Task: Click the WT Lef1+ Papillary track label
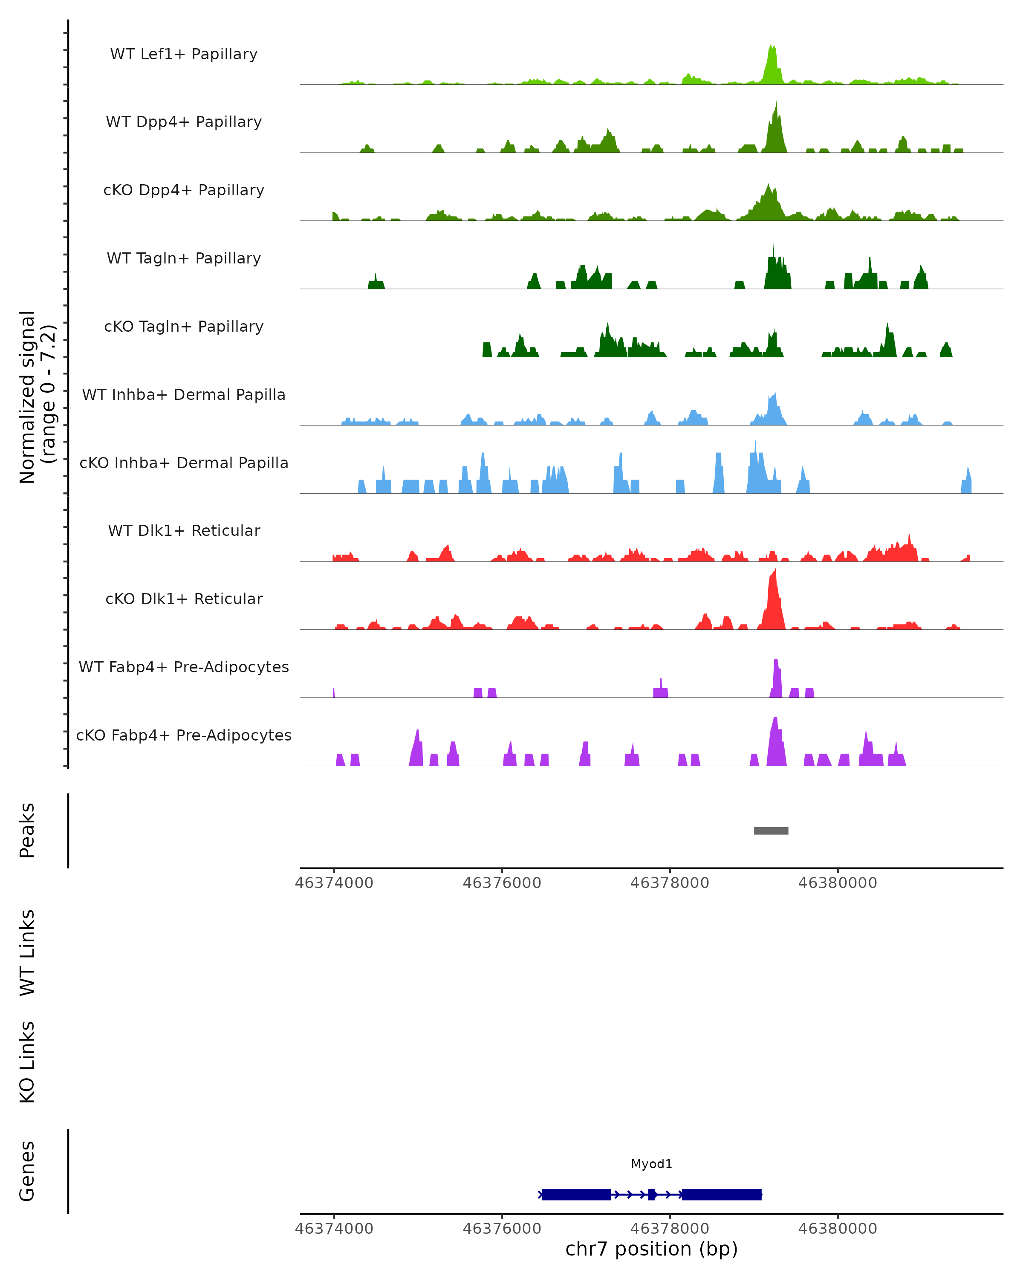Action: pyautogui.click(x=184, y=54)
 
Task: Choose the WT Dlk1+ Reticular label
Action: pyautogui.click(x=184, y=530)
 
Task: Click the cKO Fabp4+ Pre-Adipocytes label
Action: pyautogui.click(x=184, y=735)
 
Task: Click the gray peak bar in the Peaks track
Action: pyautogui.click(x=771, y=830)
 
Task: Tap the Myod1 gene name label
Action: pyautogui.click(x=651, y=1163)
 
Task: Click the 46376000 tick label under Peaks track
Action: pyautogui.click(x=502, y=883)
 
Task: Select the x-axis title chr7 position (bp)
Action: pyautogui.click(x=651, y=1249)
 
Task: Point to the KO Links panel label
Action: pyautogui.click(x=27, y=1062)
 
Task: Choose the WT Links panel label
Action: pyautogui.click(x=27, y=952)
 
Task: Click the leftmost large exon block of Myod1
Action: pyautogui.click(x=576, y=1194)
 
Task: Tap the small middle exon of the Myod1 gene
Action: pyautogui.click(x=652, y=1194)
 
